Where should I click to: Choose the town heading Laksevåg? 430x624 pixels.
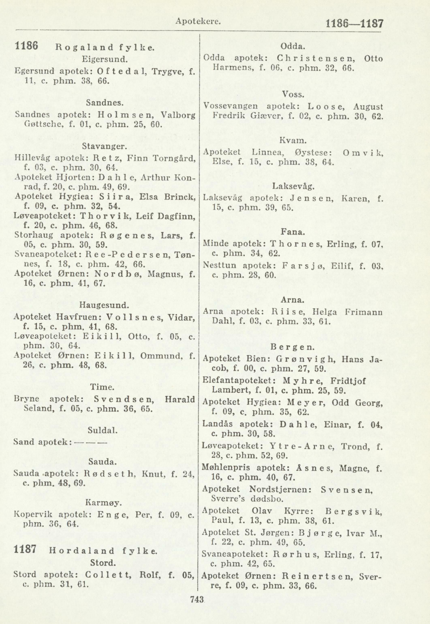(x=293, y=186)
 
